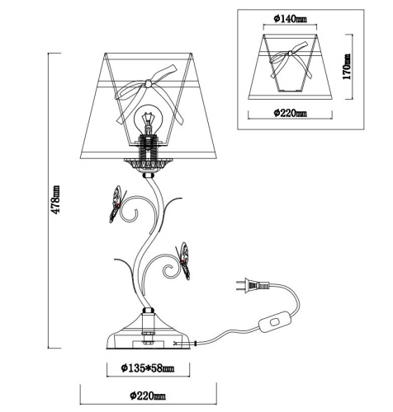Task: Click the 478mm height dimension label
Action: [56, 199]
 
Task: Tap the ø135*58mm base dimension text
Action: [148, 368]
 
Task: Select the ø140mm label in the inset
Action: [290, 19]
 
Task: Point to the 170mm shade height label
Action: [347, 66]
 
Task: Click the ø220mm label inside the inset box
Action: [290, 113]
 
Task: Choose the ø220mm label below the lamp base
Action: [148, 396]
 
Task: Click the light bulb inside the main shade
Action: [149, 120]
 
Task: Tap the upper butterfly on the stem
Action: [117, 204]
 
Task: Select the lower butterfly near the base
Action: [183, 260]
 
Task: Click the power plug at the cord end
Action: [253, 285]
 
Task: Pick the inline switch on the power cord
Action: [275, 321]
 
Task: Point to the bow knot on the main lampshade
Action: [149, 83]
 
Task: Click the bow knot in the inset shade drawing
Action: [290, 54]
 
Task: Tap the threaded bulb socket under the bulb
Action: [148, 147]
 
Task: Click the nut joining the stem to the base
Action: [148, 311]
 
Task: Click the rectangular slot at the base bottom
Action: [148, 344]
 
